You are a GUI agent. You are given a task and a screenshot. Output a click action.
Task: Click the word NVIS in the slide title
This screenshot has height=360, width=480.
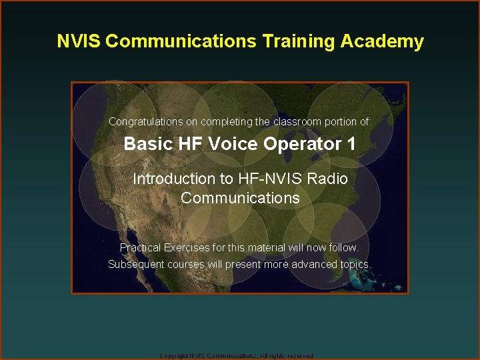coord(79,41)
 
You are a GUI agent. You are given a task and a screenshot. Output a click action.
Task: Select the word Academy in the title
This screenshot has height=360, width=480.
coord(382,41)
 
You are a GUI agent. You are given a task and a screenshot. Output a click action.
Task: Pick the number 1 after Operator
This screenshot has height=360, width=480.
coord(351,144)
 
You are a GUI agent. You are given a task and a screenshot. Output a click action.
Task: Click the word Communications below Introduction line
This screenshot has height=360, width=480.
coord(240,199)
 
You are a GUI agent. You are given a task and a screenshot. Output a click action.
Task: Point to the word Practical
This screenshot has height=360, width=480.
coord(140,247)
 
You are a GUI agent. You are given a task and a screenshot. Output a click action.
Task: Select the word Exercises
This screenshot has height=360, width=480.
coord(186,247)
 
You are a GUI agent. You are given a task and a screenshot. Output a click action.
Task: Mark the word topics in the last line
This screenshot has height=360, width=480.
coord(355,264)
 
